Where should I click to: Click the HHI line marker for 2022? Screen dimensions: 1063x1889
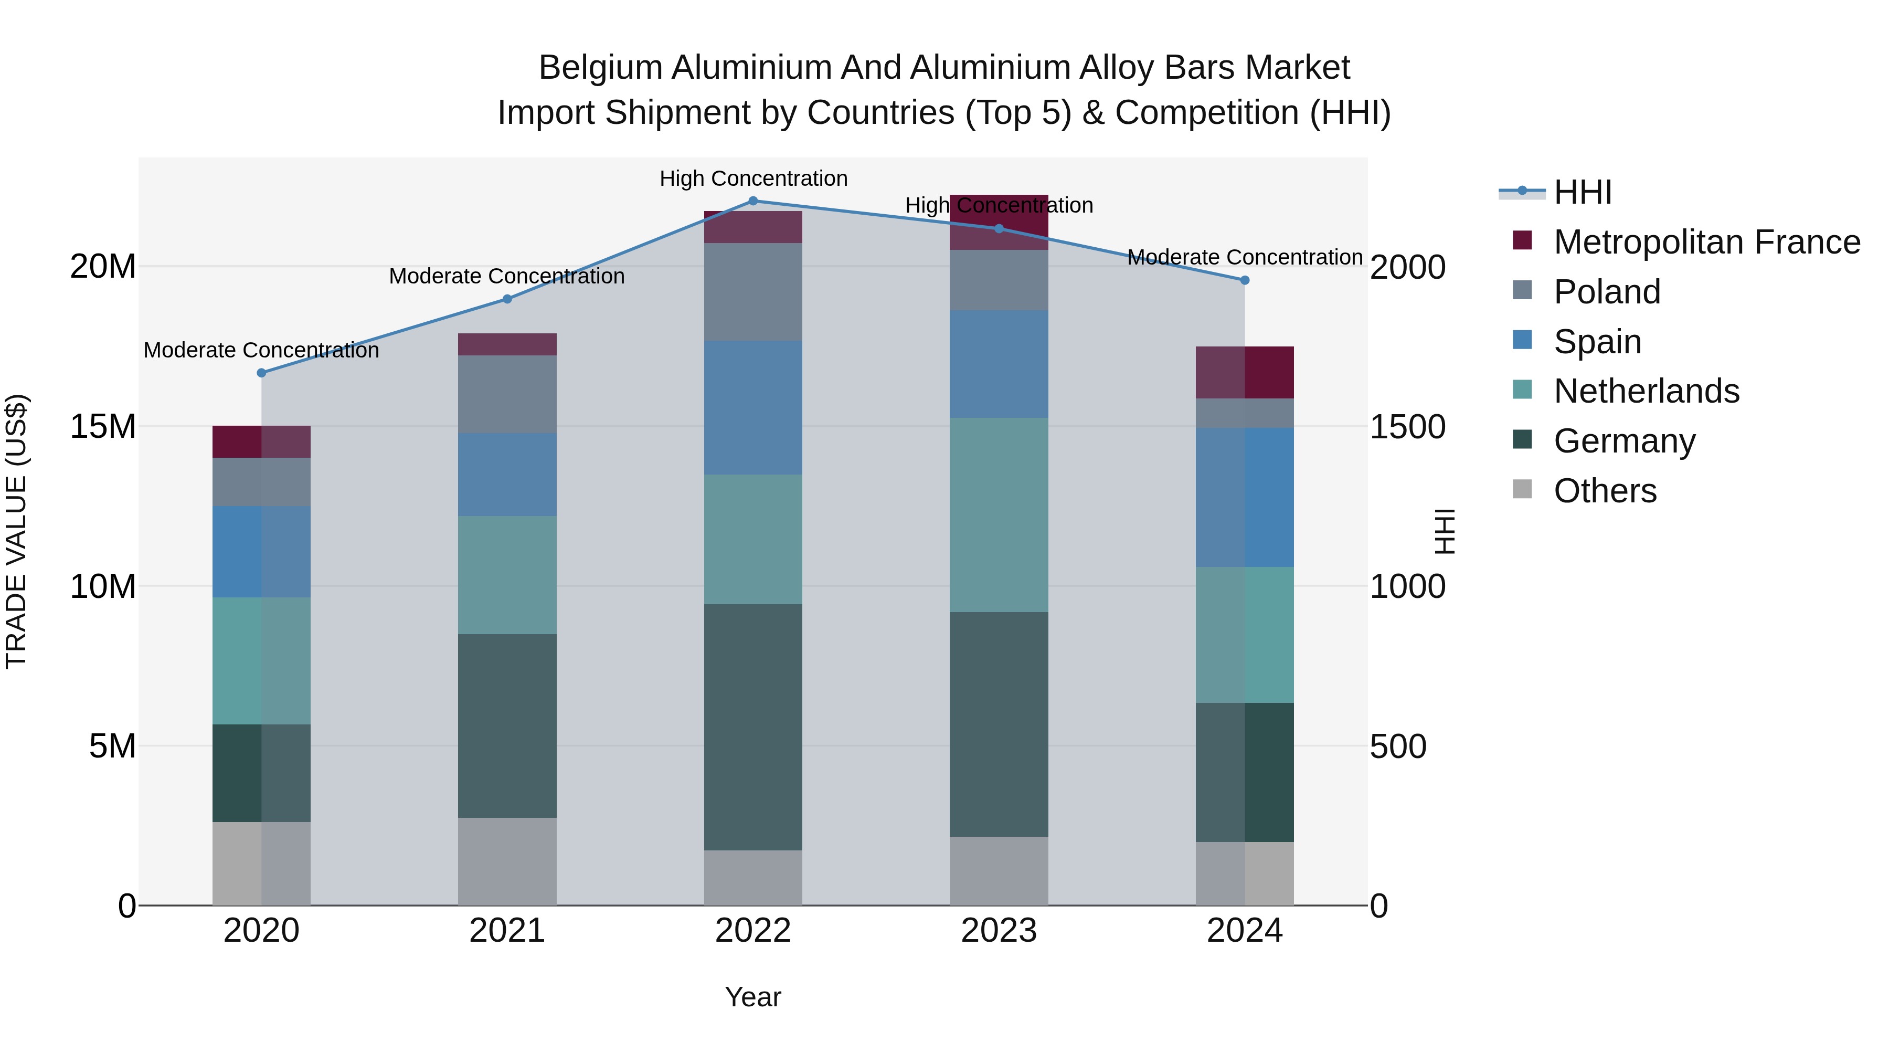[x=753, y=201]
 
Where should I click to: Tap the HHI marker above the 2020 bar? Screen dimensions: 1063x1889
[x=261, y=373]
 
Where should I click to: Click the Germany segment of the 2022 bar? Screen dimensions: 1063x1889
[x=753, y=727]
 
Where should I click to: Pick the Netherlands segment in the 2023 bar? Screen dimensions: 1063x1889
[x=999, y=514]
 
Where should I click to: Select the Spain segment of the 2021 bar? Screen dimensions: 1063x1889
[x=507, y=474]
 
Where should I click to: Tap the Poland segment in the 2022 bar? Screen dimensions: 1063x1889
[x=753, y=291]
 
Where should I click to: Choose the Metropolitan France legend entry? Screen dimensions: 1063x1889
[x=1706, y=241]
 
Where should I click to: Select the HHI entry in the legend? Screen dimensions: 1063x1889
[x=1583, y=192]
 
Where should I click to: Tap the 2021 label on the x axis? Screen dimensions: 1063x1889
[x=507, y=931]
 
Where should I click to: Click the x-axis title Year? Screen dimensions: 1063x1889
[x=753, y=997]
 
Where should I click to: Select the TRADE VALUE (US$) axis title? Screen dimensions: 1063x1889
[x=16, y=531]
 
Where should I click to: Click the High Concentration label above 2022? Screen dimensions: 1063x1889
[x=753, y=178]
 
